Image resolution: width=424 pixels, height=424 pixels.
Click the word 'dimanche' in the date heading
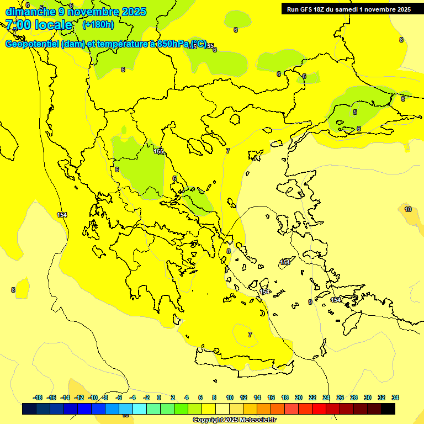point(30,12)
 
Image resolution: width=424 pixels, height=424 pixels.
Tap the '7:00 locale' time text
point(39,25)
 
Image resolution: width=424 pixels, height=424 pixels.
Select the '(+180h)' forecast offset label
point(98,25)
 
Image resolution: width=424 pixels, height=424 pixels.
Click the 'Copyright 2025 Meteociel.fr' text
point(234,420)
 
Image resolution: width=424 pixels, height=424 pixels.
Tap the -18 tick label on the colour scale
point(38,397)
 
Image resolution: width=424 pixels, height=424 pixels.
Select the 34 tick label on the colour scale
point(395,397)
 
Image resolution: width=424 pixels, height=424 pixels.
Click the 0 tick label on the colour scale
point(159,397)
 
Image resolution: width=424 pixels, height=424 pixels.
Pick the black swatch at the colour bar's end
point(388,409)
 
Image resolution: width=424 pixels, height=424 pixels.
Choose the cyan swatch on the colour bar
point(140,409)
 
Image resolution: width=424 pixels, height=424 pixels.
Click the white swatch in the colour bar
point(222,409)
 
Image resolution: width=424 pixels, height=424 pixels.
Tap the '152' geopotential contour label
point(158,151)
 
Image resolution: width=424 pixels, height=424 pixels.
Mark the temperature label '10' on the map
point(408,209)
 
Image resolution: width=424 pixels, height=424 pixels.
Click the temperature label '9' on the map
point(310,302)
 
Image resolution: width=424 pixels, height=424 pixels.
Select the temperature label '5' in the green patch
point(355,112)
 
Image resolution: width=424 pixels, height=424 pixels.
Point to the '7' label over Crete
point(250,335)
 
